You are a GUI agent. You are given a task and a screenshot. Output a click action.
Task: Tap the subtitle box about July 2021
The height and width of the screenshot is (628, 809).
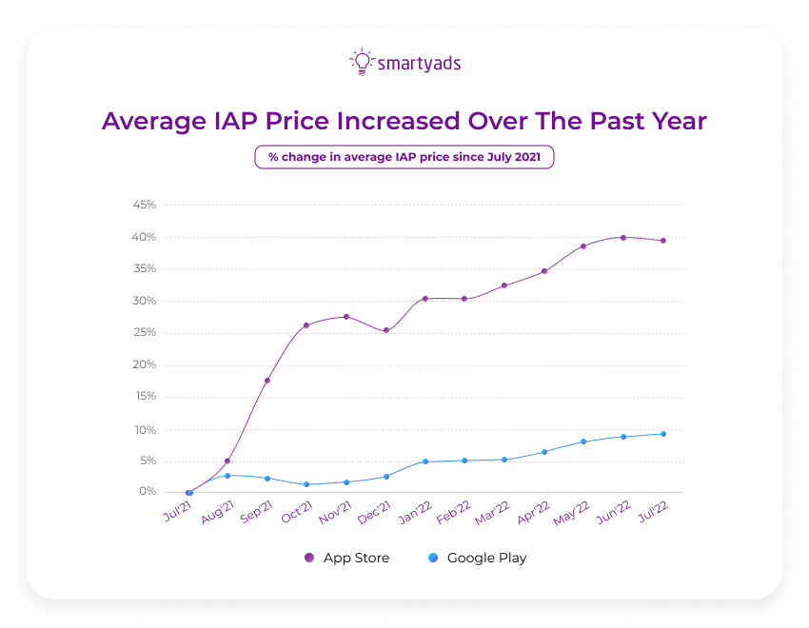pos(404,157)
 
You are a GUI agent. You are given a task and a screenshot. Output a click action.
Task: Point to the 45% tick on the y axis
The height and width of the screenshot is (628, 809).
pos(145,205)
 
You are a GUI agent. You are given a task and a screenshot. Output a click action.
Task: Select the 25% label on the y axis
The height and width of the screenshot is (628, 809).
pos(145,333)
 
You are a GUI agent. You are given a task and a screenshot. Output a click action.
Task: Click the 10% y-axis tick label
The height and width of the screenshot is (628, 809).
pos(145,430)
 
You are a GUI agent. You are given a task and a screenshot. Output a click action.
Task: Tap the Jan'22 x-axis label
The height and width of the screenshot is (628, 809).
pos(416,514)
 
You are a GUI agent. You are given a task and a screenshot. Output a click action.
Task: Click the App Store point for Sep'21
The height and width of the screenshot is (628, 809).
pos(267,381)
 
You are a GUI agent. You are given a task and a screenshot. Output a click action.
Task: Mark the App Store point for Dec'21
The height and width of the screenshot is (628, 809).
pos(385,331)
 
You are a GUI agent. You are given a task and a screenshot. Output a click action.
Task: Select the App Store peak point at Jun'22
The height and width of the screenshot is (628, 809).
pos(623,237)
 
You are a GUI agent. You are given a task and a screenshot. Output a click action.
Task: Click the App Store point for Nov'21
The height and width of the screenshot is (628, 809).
pos(346,317)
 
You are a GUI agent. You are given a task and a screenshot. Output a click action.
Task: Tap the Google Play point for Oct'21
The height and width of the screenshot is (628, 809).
pos(306,484)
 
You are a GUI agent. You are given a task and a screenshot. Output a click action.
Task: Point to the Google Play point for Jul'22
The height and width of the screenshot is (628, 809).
pos(663,434)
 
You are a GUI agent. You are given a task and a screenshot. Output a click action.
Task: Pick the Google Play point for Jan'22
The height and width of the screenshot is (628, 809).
pos(425,461)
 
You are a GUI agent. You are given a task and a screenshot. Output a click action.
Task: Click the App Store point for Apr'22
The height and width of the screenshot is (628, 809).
pos(544,271)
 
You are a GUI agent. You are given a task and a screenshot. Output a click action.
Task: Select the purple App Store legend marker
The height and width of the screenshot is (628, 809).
pos(308,559)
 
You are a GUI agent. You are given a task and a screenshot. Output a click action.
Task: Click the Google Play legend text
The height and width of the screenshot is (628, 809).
pos(486,559)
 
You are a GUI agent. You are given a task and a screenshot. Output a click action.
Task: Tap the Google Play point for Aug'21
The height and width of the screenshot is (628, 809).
pos(227,476)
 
